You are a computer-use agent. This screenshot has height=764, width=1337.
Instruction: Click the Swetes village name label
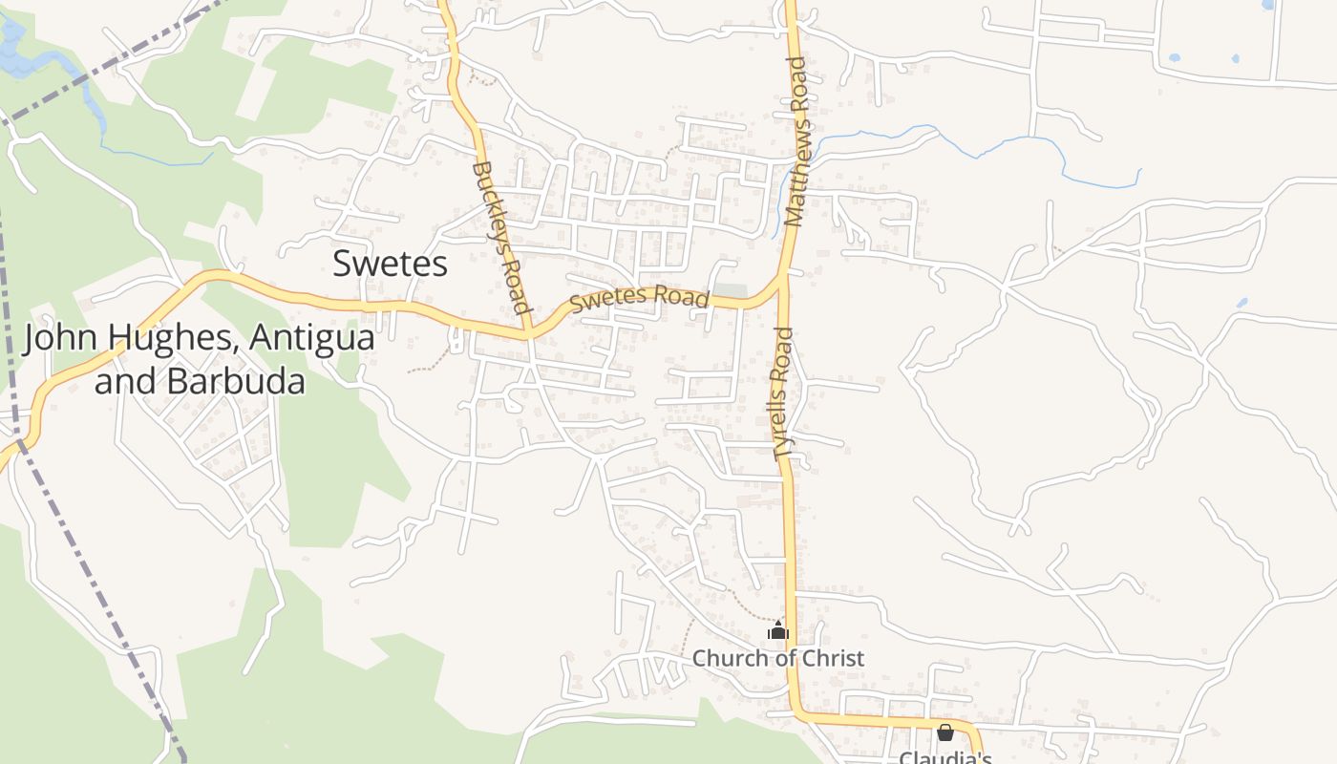[x=390, y=264]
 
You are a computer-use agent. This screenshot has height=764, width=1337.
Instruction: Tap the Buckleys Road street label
[x=500, y=238]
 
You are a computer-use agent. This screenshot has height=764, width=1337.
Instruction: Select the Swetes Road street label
[x=639, y=298]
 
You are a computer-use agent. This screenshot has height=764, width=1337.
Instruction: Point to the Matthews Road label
[x=796, y=141]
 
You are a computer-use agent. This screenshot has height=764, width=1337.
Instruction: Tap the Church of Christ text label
[x=777, y=658]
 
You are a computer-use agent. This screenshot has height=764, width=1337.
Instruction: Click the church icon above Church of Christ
[x=778, y=631]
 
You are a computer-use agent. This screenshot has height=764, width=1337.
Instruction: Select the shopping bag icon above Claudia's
[x=945, y=732]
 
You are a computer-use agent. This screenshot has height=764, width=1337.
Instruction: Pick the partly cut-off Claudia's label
[x=945, y=757]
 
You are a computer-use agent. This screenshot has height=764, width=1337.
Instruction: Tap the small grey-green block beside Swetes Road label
[x=731, y=290]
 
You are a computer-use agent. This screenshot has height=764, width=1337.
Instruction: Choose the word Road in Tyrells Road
[x=783, y=352]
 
